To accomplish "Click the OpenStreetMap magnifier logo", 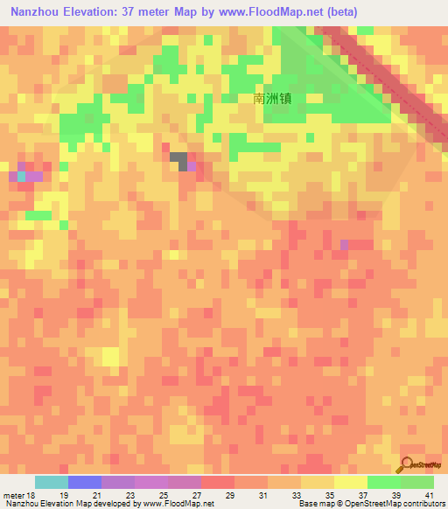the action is click(404, 464).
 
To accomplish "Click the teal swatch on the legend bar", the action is click(51, 482).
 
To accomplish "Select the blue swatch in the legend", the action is click(84, 482).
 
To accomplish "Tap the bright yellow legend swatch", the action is click(350, 482).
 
